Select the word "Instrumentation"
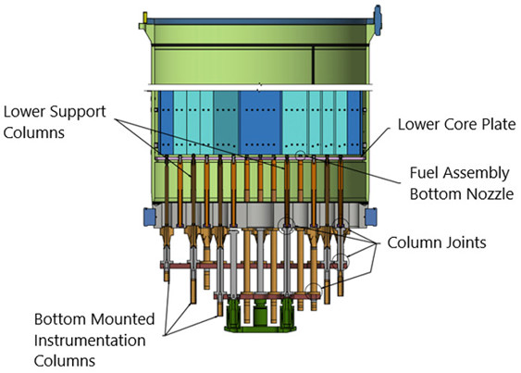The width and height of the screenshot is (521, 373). [x=91, y=340]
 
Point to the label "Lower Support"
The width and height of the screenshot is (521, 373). [x=56, y=111]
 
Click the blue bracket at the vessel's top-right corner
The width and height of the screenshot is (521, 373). [x=376, y=16]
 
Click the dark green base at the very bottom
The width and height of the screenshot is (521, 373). [x=260, y=320]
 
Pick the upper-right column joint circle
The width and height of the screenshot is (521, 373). [x=341, y=223]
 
